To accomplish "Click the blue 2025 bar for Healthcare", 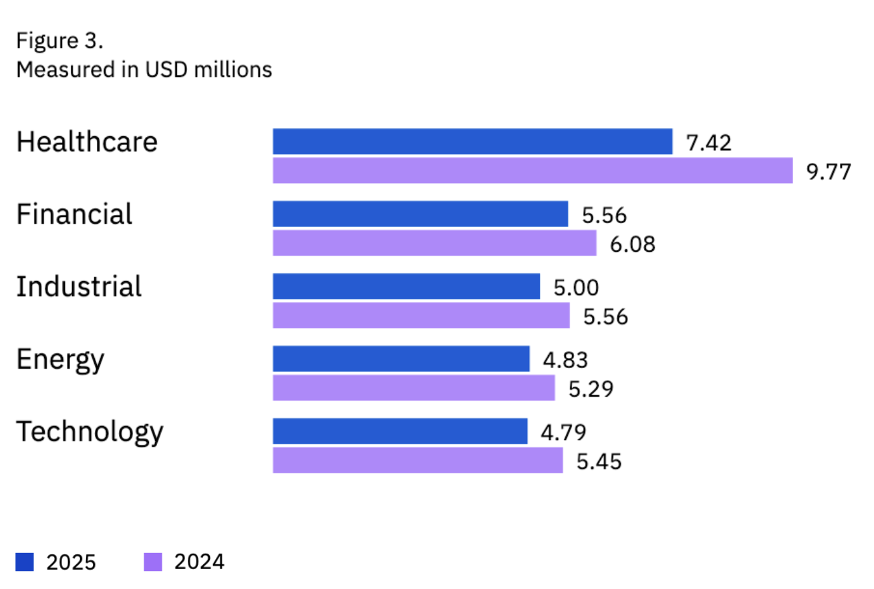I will pos(472,142).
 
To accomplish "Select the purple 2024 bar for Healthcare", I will pos(532,171).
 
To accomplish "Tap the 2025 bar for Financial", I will pos(420,214).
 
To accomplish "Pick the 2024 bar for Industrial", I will pos(421,315).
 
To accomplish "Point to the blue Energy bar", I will pos(401,359).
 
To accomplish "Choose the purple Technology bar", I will pos(418,460).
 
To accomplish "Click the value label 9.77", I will pos(829,172).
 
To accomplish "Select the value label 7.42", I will pos(709,143).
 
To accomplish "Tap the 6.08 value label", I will pos(633,244).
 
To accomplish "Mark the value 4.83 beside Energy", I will pos(565,360).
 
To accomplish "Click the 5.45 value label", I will pos(599,461).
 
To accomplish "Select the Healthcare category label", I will pos(87,142).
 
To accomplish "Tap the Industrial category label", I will pos(79,286).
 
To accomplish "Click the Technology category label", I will pos(90,431).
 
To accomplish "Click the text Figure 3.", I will pos(60,41).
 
